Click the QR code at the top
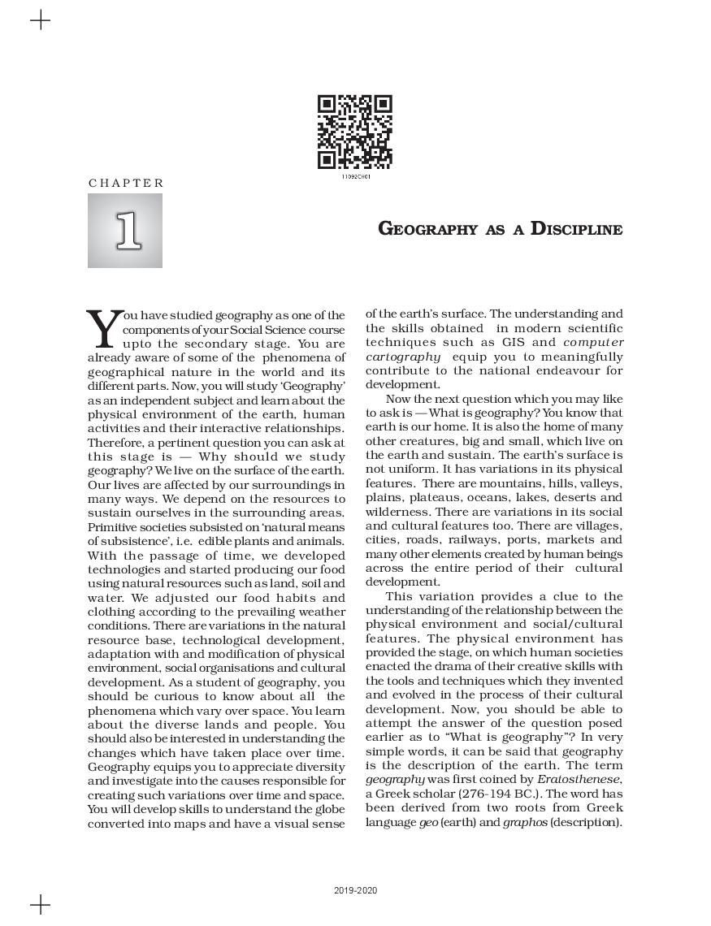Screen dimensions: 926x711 coord(354,132)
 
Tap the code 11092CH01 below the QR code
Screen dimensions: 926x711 coord(355,176)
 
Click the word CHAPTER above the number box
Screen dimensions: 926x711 coord(126,184)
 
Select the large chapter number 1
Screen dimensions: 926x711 coord(126,231)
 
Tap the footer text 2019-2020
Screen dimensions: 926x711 coord(355,891)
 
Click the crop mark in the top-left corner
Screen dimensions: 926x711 coord(40,20)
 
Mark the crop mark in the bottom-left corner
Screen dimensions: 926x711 coord(40,904)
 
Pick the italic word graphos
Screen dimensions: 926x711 coord(525,822)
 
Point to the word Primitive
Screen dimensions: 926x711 coord(115,527)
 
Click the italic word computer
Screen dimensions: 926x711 coord(593,342)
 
